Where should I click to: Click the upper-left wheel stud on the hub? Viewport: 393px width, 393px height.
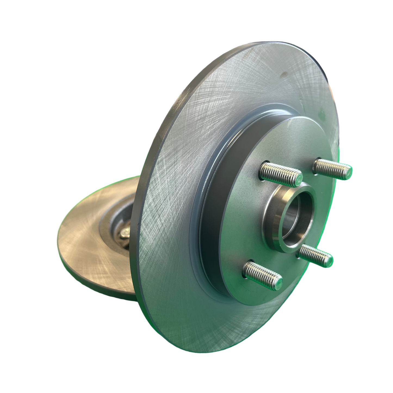(280, 172)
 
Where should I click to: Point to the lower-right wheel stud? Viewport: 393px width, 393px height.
(315, 254)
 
